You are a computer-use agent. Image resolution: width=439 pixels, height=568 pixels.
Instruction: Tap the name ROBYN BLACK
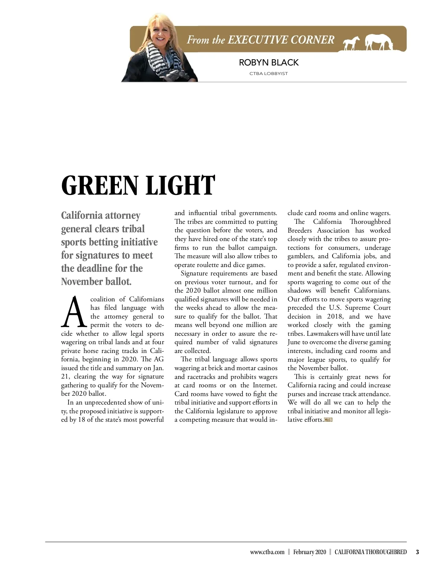tap(269, 63)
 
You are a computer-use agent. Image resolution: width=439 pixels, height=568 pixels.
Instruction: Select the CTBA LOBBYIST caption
tap(269, 74)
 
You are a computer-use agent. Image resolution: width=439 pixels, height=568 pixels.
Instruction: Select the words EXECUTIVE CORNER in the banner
tap(281, 40)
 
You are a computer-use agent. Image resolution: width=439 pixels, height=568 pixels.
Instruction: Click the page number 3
tap(417, 552)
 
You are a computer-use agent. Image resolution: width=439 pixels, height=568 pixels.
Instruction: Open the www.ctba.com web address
tap(267, 552)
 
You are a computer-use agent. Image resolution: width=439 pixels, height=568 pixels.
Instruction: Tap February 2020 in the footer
tap(309, 552)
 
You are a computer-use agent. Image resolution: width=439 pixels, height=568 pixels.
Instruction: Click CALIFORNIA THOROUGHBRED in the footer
tap(370, 552)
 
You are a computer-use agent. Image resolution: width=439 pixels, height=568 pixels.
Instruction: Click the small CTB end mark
tap(328, 420)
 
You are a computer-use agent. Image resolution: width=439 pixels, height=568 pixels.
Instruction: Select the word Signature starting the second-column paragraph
tap(196, 273)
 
